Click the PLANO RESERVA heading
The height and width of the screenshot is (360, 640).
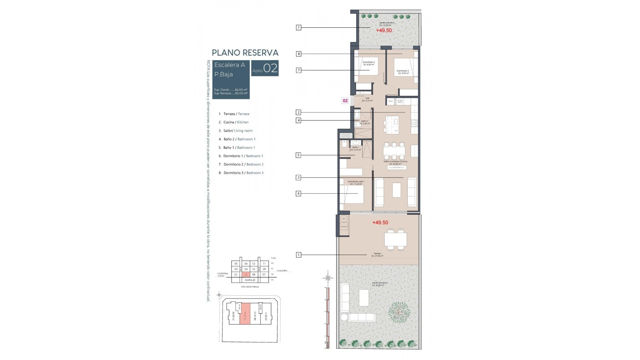point(245,53)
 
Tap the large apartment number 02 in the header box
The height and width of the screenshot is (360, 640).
point(270,68)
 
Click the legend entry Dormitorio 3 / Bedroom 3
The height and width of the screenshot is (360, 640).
point(243,173)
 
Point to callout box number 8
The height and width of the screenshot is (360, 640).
point(299,54)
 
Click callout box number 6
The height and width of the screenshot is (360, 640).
point(298,194)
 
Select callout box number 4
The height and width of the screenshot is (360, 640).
point(298,120)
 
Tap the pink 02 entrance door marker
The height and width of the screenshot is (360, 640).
point(345,101)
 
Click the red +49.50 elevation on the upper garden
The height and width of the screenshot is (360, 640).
point(384,30)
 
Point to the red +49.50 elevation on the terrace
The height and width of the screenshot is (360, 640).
point(380,223)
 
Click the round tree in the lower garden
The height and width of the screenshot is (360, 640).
point(399,312)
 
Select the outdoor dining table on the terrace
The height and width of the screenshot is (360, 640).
point(395,239)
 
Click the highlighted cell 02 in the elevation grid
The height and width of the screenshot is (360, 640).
point(246,275)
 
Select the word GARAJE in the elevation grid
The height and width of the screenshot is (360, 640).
point(250,280)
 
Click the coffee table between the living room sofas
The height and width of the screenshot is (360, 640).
point(396,190)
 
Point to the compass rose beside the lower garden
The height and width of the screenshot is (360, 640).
point(328,277)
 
